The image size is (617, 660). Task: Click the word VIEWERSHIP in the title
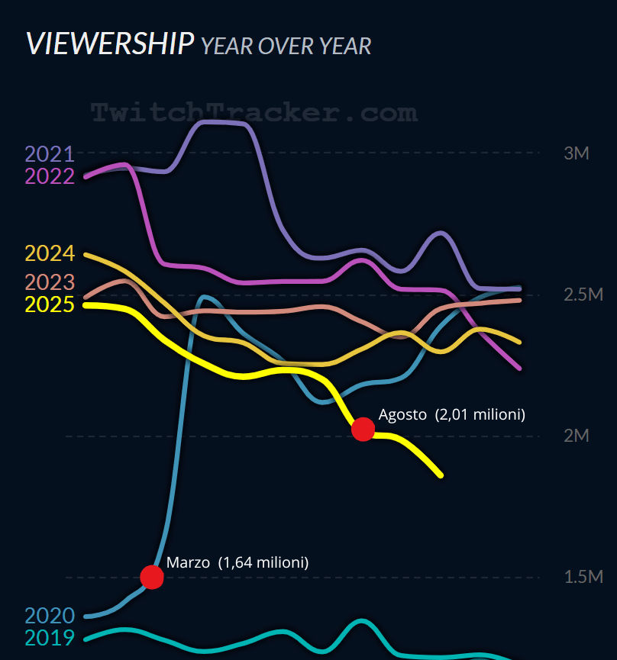109,43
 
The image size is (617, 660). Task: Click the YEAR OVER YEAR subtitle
286,46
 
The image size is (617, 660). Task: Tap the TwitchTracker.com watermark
254,113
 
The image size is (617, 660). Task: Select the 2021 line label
50,154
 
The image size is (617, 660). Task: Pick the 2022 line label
50,176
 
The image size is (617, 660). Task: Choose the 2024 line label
50,253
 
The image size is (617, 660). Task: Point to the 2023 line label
50,282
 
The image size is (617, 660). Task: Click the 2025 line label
50,304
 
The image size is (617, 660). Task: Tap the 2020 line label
50,616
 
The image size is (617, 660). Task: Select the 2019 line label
50,638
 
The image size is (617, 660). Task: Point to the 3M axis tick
577,153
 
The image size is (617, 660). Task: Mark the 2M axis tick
577,436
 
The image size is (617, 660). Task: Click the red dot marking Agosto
363,430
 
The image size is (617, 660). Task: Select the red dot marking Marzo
152,577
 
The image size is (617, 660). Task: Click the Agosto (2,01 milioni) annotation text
452,415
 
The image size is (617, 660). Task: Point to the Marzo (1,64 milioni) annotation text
237,563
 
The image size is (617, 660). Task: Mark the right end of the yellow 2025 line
441,475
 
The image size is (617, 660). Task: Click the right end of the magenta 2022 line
520,369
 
